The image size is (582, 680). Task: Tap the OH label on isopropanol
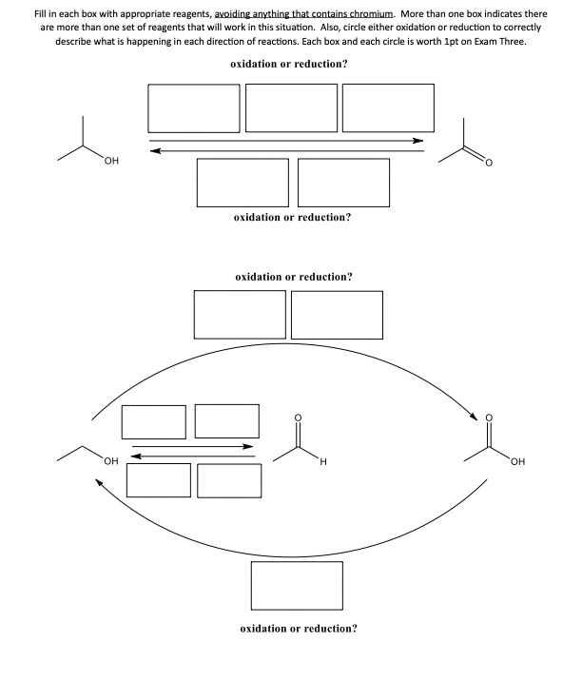(x=112, y=161)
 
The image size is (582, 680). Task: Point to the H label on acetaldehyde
(x=322, y=463)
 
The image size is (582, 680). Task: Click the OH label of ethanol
(x=110, y=462)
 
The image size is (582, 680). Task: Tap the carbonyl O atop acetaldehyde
(x=297, y=416)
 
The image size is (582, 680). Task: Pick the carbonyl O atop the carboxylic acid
(x=490, y=416)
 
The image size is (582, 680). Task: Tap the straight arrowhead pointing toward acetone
(x=418, y=140)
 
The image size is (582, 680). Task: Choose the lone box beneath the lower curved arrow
(x=297, y=587)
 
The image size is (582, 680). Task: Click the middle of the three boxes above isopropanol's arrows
(x=291, y=108)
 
